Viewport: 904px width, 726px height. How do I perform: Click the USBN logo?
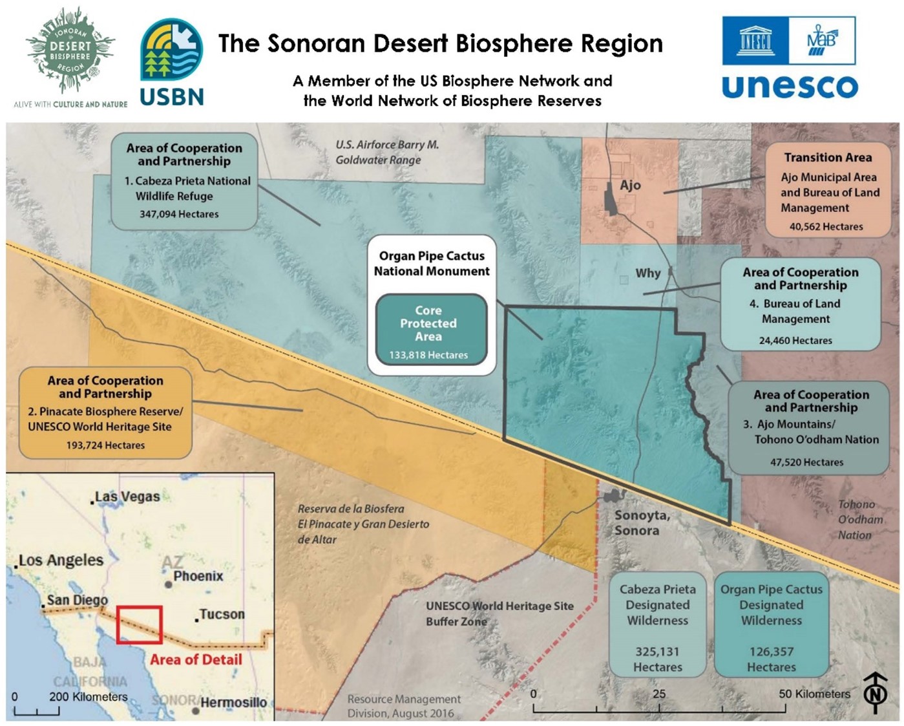point(172,62)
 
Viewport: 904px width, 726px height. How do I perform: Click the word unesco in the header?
point(790,86)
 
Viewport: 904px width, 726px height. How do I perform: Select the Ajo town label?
point(630,186)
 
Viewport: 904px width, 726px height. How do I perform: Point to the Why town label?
point(647,273)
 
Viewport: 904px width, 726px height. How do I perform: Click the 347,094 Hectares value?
point(179,214)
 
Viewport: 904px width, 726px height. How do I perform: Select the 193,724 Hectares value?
point(105,445)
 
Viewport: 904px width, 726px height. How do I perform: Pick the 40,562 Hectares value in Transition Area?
point(826,227)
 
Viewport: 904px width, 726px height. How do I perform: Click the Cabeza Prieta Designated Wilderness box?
point(657,625)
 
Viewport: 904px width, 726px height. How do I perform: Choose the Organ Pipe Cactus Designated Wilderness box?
point(771,625)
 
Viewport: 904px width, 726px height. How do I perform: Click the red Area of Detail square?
point(139,625)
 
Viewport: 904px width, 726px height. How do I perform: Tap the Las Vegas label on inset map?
point(127,496)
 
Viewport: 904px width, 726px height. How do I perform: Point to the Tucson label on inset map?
point(222,614)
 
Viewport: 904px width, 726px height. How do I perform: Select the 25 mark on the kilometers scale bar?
point(658,694)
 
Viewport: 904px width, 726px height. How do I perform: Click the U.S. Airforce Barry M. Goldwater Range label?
point(386,153)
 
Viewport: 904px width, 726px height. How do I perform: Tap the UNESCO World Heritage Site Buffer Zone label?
point(499,614)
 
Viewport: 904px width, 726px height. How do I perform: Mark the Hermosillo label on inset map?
point(233,703)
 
